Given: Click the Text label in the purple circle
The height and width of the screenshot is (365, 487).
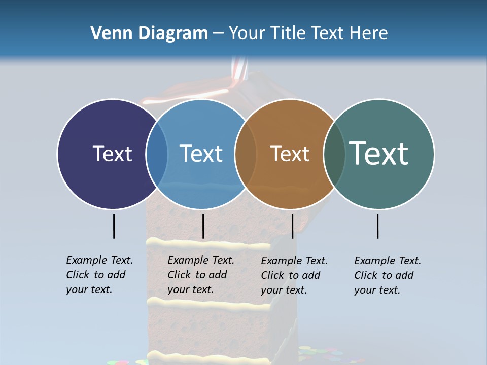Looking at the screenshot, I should pos(112,154).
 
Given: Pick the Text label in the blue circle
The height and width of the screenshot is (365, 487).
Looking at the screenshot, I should pos(201,154).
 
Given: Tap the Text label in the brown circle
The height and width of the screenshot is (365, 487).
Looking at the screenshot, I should pos(290,154).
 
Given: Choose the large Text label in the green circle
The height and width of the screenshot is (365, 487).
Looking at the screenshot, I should pos(379,154).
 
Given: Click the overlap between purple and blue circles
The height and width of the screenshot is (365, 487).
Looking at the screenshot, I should pos(157,154).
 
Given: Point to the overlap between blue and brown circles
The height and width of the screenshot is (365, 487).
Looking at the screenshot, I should pos(246,154).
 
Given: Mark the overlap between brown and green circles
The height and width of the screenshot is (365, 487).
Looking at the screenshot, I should pos(334,154).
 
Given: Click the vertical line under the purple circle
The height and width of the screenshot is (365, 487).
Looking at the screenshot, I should pos(114,226).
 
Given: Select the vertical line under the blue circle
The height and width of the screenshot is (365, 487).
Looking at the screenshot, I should pos(203,226).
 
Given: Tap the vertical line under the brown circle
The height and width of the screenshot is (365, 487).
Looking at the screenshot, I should pos(292,226).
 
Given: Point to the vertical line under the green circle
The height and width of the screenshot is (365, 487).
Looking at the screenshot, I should pos(377,226).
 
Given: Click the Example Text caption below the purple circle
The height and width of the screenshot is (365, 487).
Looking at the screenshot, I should pos(99,275).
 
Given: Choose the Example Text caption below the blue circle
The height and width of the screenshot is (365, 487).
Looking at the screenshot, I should pos(201,275).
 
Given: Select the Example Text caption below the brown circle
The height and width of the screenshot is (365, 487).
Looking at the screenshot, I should pos(294,275).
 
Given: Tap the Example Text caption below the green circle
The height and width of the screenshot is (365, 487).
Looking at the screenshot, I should pos(388,275).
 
